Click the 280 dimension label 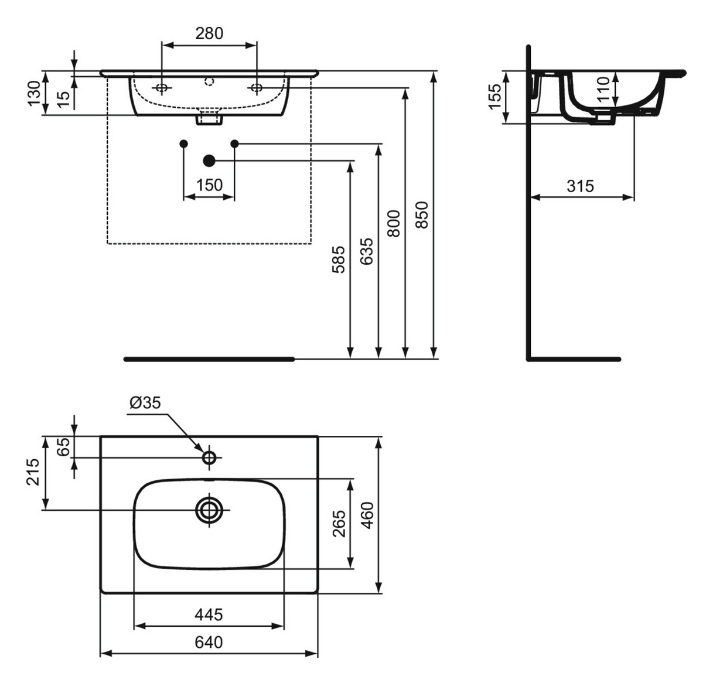209,33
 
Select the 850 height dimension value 422,214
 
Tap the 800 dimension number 394,223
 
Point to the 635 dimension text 366,251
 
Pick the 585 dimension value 338,259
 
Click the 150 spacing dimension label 209,185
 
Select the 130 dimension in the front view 34,93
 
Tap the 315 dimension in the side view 580,186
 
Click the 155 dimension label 495,96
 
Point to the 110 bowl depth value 603,89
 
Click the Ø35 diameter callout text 145,402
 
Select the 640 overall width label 209,643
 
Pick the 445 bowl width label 209,614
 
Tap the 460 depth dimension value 367,515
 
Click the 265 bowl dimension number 339,524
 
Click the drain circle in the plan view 209,510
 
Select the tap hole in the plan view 209,457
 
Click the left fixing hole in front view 162,88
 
